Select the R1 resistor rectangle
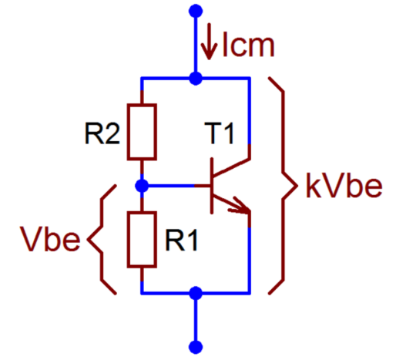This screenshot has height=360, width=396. point(142,240)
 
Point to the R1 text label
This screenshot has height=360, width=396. point(181,241)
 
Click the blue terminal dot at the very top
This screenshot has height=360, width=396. point(196,11)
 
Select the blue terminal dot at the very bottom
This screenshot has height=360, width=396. point(196,345)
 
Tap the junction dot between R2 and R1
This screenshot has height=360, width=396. point(142,186)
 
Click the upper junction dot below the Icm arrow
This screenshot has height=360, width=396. point(196,78)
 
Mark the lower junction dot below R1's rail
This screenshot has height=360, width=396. point(196,293)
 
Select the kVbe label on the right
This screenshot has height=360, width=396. point(343,187)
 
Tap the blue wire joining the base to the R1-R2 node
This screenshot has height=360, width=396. point(177,186)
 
